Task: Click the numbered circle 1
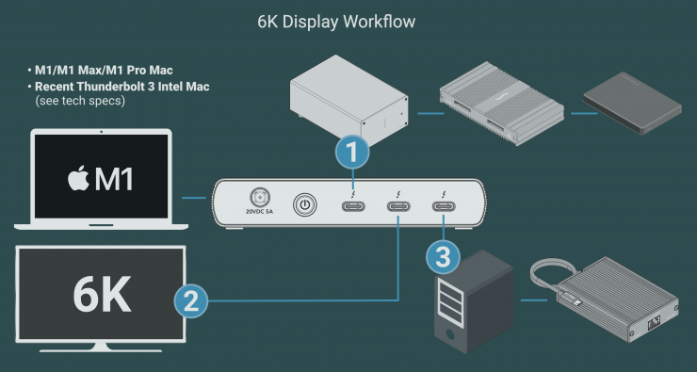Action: [x=352, y=152]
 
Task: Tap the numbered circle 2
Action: [x=191, y=300]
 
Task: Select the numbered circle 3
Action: [x=443, y=257]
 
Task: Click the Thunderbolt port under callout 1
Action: [x=353, y=206]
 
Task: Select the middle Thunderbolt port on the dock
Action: [x=398, y=206]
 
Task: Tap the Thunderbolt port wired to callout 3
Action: [x=444, y=206]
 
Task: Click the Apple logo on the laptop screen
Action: [x=78, y=179]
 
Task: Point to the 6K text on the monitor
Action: [x=102, y=294]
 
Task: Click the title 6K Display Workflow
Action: [x=336, y=22]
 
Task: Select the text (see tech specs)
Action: [x=80, y=101]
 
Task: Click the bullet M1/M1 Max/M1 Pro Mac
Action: [x=100, y=71]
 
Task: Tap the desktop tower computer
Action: [x=474, y=301]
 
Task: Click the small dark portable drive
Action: [x=632, y=103]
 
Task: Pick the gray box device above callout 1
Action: [x=349, y=101]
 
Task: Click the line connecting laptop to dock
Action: [x=194, y=198]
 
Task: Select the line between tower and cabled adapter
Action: [x=533, y=300]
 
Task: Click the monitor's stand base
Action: [x=101, y=348]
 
